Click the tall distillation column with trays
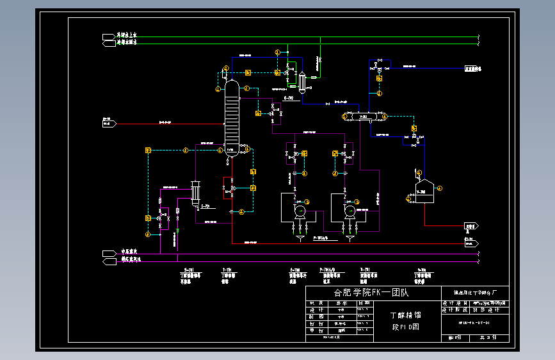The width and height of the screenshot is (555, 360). click(x=231, y=117)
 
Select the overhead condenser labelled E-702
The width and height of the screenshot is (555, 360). click(x=301, y=81)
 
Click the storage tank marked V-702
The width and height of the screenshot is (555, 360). click(x=422, y=191)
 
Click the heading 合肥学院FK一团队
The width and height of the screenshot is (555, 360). click(x=371, y=293)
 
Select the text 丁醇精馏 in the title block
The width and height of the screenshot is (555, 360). click(x=405, y=315)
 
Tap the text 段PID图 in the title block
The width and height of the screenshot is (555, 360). click(x=405, y=326)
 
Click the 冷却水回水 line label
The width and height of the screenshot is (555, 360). click(x=127, y=43)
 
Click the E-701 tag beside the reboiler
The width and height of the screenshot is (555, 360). click(x=205, y=206)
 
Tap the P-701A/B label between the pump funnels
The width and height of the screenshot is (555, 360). click(x=321, y=238)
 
